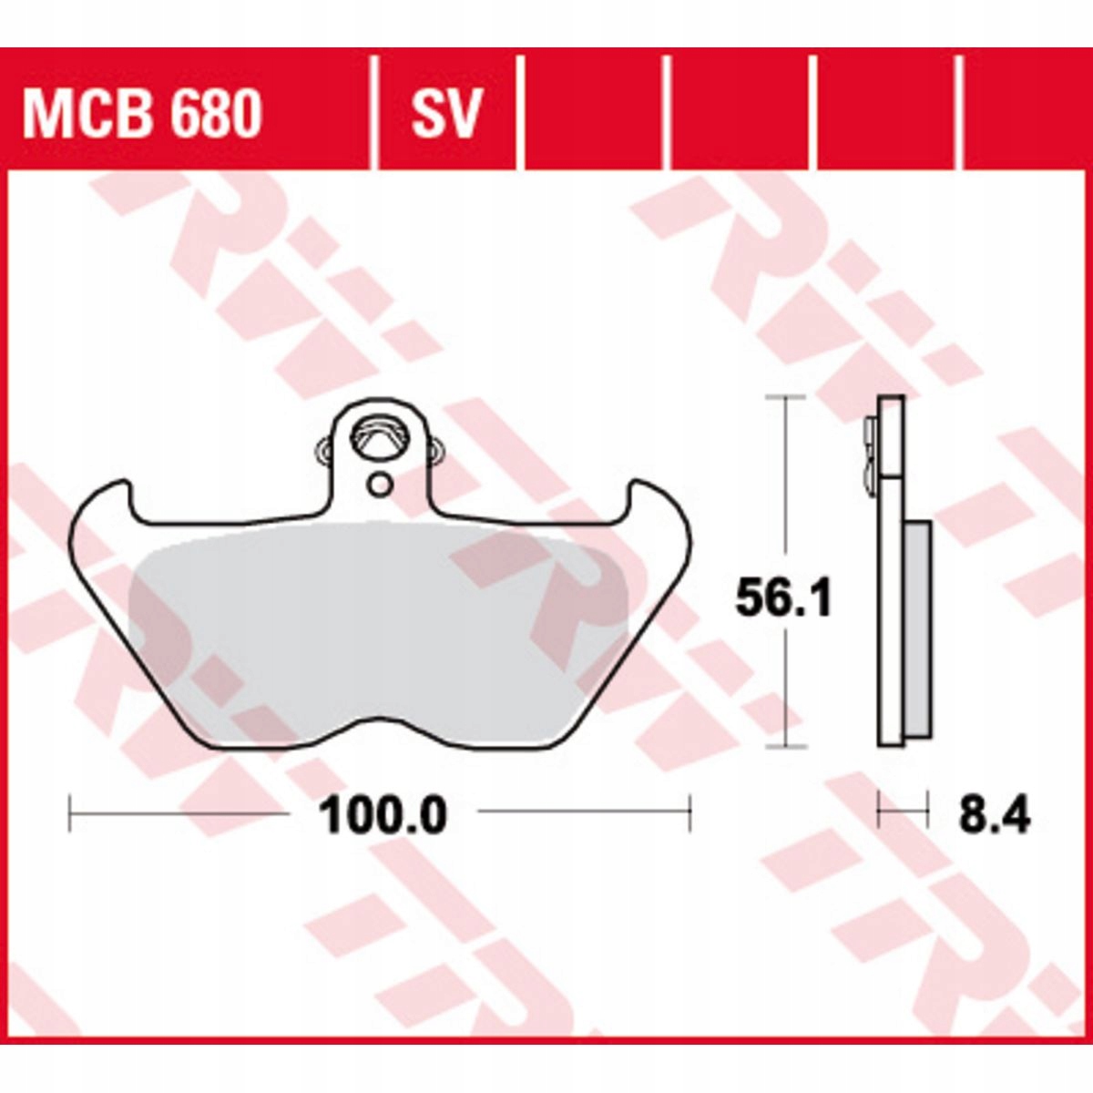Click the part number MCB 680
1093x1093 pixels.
(142, 114)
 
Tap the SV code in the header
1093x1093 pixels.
(446, 114)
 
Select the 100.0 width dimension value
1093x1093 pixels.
(383, 815)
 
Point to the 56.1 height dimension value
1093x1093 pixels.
(783, 598)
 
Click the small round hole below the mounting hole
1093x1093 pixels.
(379, 485)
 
